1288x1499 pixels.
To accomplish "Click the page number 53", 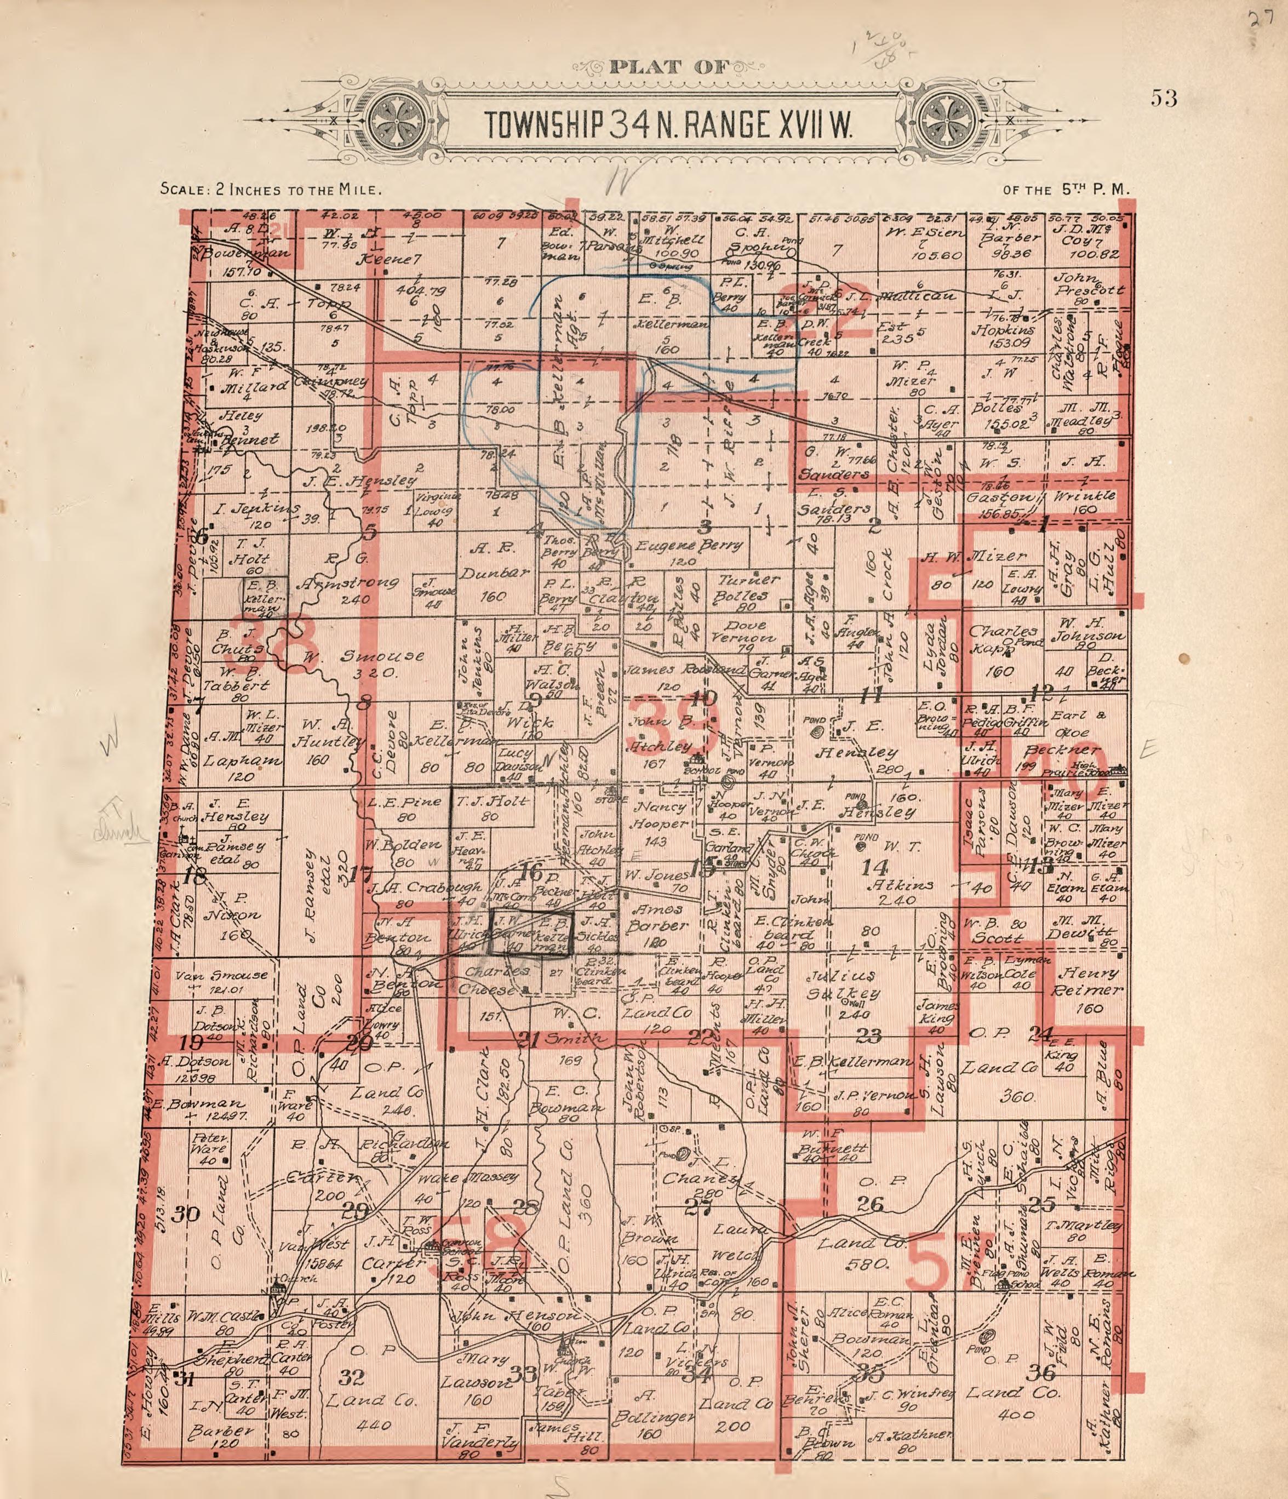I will click(1164, 99).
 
